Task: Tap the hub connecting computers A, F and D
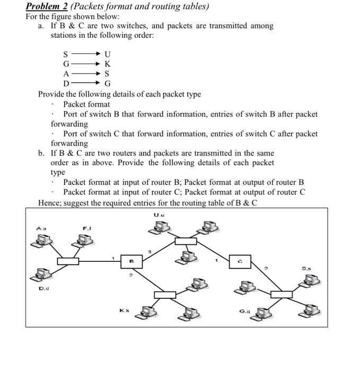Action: (68, 261)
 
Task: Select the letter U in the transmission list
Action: (108, 54)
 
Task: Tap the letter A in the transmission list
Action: (66, 74)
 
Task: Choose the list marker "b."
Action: (41, 153)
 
